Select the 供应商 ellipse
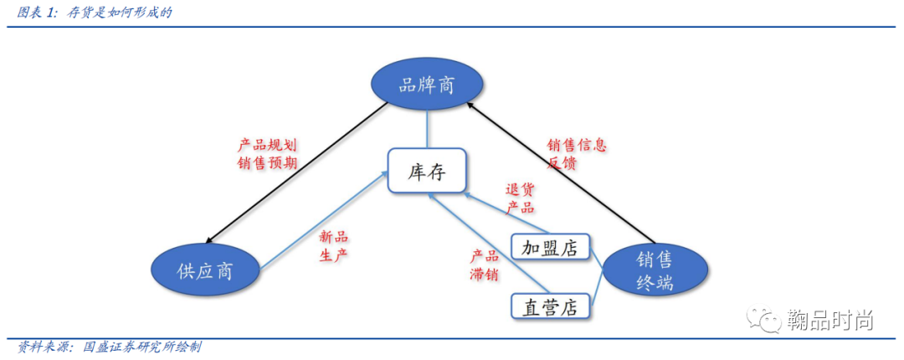pyautogui.click(x=205, y=270)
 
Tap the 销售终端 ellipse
pyautogui.click(x=654, y=270)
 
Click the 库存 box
pyautogui.click(x=427, y=171)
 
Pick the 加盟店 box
pyautogui.click(x=552, y=248)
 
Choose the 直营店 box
pyautogui.click(x=552, y=306)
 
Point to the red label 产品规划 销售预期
pyautogui.click(x=267, y=153)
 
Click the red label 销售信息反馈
pyautogui.click(x=577, y=153)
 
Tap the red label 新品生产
pyautogui.click(x=334, y=247)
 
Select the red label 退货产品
pyautogui.click(x=520, y=198)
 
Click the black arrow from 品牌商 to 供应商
pyautogui.click(x=296, y=172)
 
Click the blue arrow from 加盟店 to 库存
pyautogui.click(x=506, y=213)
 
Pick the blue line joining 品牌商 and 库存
pyautogui.click(x=427, y=130)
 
